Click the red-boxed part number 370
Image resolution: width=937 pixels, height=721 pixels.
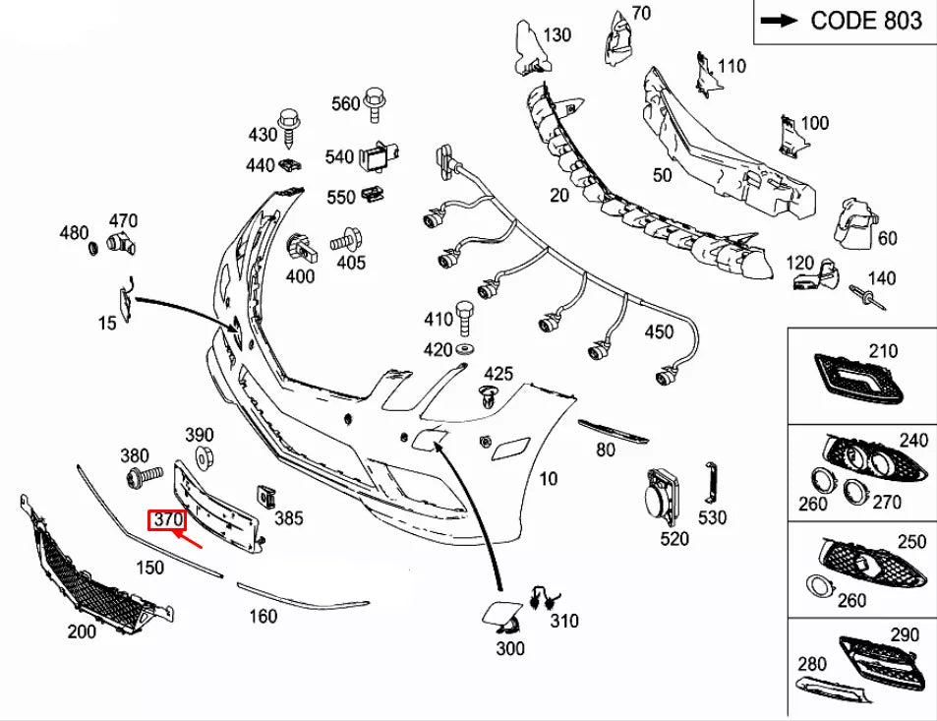[x=167, y=519]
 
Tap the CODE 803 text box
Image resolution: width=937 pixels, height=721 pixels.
[x=845, y=22]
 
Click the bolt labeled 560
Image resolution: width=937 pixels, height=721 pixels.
[x=374, y=104]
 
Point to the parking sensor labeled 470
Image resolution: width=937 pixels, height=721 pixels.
[x=121, y=243]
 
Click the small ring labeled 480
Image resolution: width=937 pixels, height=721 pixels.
[x=92, y=247]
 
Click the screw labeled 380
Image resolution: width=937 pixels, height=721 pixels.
[x=144, y=477]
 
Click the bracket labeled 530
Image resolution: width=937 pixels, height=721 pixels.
[x=711, y=482]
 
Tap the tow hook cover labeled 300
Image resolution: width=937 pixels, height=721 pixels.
[x=500, y=618]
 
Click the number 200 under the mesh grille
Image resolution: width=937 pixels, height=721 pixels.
[x=82, y=631]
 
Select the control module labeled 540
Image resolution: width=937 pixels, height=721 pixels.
[x=379, y=156]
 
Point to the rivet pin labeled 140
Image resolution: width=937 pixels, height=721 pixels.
[x=867, y=298]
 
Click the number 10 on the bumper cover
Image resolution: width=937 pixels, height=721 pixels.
[x=548, y=479]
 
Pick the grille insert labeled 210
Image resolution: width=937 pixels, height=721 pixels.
[x=858, y=379]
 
